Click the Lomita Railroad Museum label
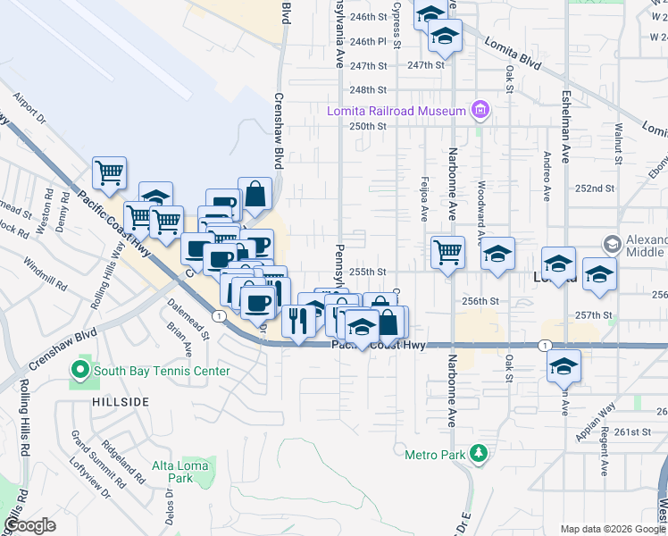coord(397,111)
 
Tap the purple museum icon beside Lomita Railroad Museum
coord(480,110)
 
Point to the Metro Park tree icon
coord(480,454)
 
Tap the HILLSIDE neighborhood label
coord(120,403)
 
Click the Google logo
coord(29,525)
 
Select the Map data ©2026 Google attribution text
coord(612,529)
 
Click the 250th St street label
coord(367,127)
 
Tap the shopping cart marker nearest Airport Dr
coord(109,172)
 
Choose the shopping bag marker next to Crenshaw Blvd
coord(255,194)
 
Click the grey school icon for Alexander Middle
coord(612,243)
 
